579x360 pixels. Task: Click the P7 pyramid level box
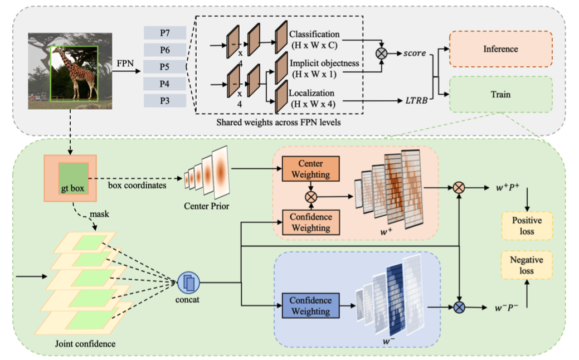point(164,33)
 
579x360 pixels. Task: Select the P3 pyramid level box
point(164,101)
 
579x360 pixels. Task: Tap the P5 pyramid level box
point(164,67)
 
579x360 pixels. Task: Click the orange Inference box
point(500,49)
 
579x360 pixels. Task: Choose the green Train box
point(500,94)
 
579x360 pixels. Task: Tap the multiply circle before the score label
point(382,53)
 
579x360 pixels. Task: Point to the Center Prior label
point(207,207)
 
